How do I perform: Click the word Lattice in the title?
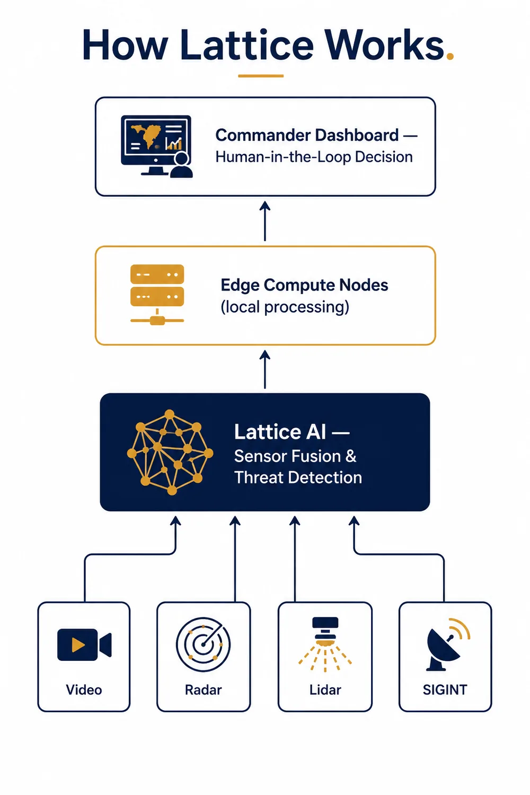247,45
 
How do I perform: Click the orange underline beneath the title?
261,76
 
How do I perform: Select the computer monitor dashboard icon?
156,146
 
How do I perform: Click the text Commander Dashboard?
307,135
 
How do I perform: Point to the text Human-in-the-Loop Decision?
314,157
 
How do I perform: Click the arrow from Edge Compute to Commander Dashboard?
265,221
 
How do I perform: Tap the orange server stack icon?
157,295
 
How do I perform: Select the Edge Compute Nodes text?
304,285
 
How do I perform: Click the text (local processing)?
285,307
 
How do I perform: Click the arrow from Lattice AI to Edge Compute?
265,369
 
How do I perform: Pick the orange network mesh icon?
170,452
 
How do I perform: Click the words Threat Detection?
298,478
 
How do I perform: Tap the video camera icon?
84,645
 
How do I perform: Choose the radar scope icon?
203,644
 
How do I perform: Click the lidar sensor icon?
325,644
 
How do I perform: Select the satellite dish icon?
448,644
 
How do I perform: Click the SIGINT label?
445,690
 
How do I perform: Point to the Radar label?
204,690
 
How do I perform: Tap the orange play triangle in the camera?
78,645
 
